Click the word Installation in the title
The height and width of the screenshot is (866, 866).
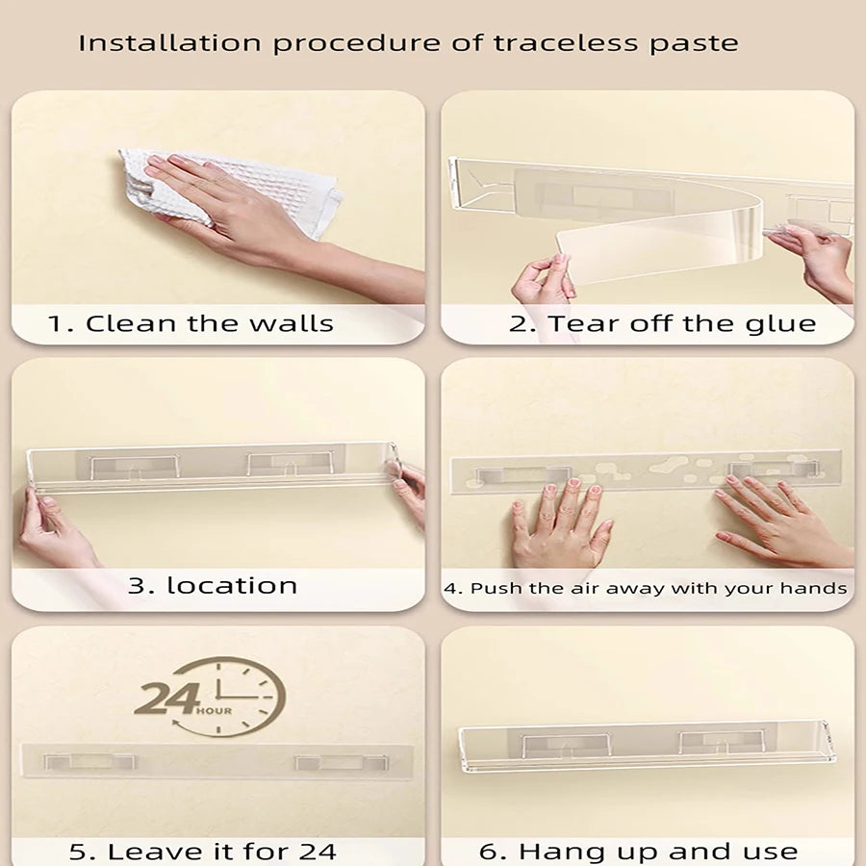[169, 43]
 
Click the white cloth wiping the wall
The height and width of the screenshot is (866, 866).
[232, 188]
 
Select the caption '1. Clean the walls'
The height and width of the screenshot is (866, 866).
[191, 323]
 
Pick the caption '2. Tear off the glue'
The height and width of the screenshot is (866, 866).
[662, 323]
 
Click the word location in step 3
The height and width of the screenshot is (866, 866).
[232, 585]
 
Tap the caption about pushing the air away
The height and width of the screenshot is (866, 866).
[645, 588]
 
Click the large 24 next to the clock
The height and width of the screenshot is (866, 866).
[166, 699]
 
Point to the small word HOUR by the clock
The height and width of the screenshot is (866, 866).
[215, 711]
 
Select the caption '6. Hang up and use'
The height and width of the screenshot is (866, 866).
[639, 852]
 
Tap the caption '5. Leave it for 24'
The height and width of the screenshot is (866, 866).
[203, 852]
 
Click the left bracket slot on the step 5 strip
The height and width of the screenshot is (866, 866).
[89, 762]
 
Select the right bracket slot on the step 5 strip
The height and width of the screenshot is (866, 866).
[341, 763]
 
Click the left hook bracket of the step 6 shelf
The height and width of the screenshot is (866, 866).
[566, 746]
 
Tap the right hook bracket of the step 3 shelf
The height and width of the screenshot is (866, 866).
[291, 464]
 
